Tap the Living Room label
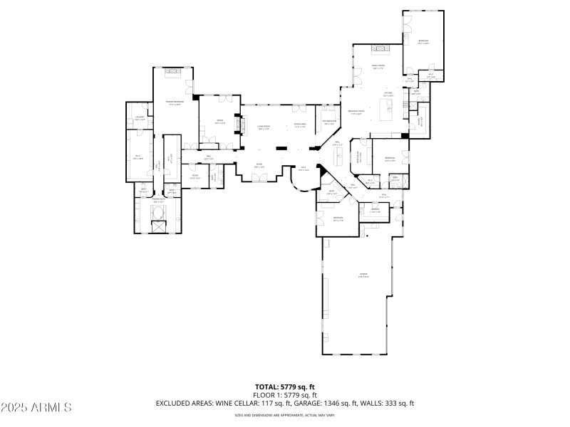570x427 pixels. tap(263, 128)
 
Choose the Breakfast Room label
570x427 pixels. tap(356, 112)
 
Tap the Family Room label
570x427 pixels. tap(378, 68)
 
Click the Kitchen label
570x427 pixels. tap(388, 94)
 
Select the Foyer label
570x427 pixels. tap(260, 167)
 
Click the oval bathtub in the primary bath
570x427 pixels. tap(158, 212)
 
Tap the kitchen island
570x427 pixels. tap(388, 109)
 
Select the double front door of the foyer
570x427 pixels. tap(261, 181)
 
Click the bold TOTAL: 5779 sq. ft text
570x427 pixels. tap(285, 387)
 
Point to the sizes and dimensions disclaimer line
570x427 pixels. tap(285, 415)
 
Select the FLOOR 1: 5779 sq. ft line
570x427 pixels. tap(285, 395)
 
